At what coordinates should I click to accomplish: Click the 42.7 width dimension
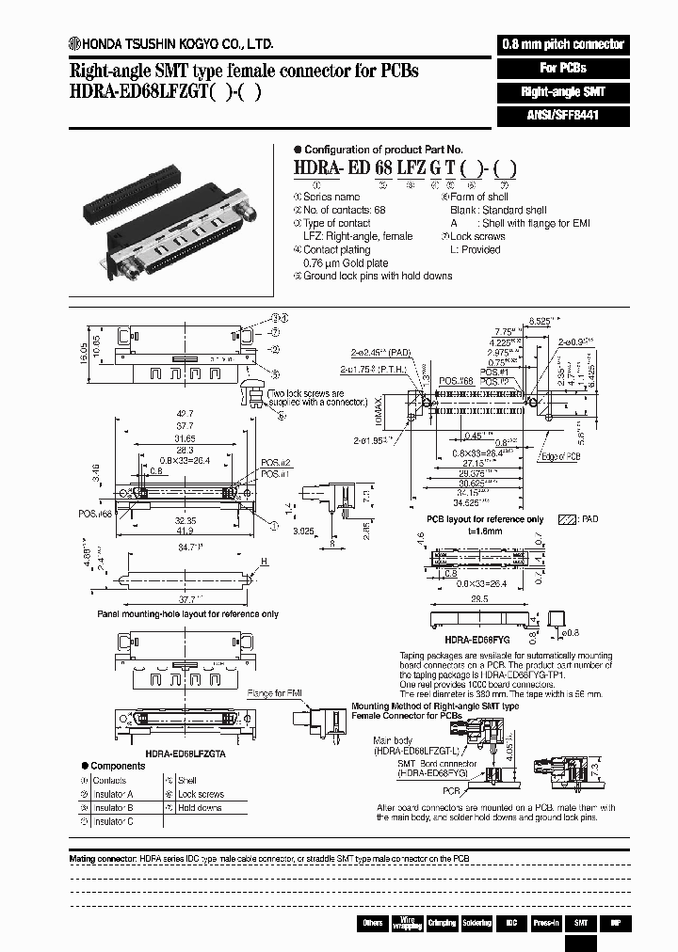[x=185, y=413]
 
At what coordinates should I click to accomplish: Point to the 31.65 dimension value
[x=185, y=438]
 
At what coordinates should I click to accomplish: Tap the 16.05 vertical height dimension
[x=83, y=352]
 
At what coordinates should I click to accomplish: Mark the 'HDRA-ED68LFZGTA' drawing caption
[x=184, y=753]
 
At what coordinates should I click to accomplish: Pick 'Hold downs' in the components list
[x=199, y=807]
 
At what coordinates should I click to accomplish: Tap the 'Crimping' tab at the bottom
[x=442, y=923]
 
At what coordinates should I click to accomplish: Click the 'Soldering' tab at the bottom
[x=476, y=923]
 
